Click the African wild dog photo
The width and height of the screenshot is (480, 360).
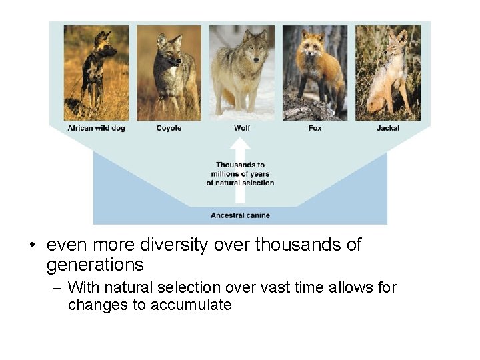point(96,73)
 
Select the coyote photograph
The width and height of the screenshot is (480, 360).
point(169,73)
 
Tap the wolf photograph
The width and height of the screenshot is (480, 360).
point(241,73)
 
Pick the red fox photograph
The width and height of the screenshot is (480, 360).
point(315,73)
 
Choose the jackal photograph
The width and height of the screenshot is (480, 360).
point(387,73)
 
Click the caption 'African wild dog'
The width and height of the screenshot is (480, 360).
point(96,128)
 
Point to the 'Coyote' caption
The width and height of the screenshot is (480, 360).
point(169,128)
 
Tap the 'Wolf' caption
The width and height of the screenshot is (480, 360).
point(241,128)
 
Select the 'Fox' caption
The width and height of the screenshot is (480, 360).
point(315,128)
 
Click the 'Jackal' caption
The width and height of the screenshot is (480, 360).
point(387,128)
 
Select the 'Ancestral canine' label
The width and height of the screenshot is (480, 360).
point(240,215)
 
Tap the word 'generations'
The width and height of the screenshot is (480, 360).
point(95,265)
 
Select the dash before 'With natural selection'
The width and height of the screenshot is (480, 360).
point(56,288)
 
